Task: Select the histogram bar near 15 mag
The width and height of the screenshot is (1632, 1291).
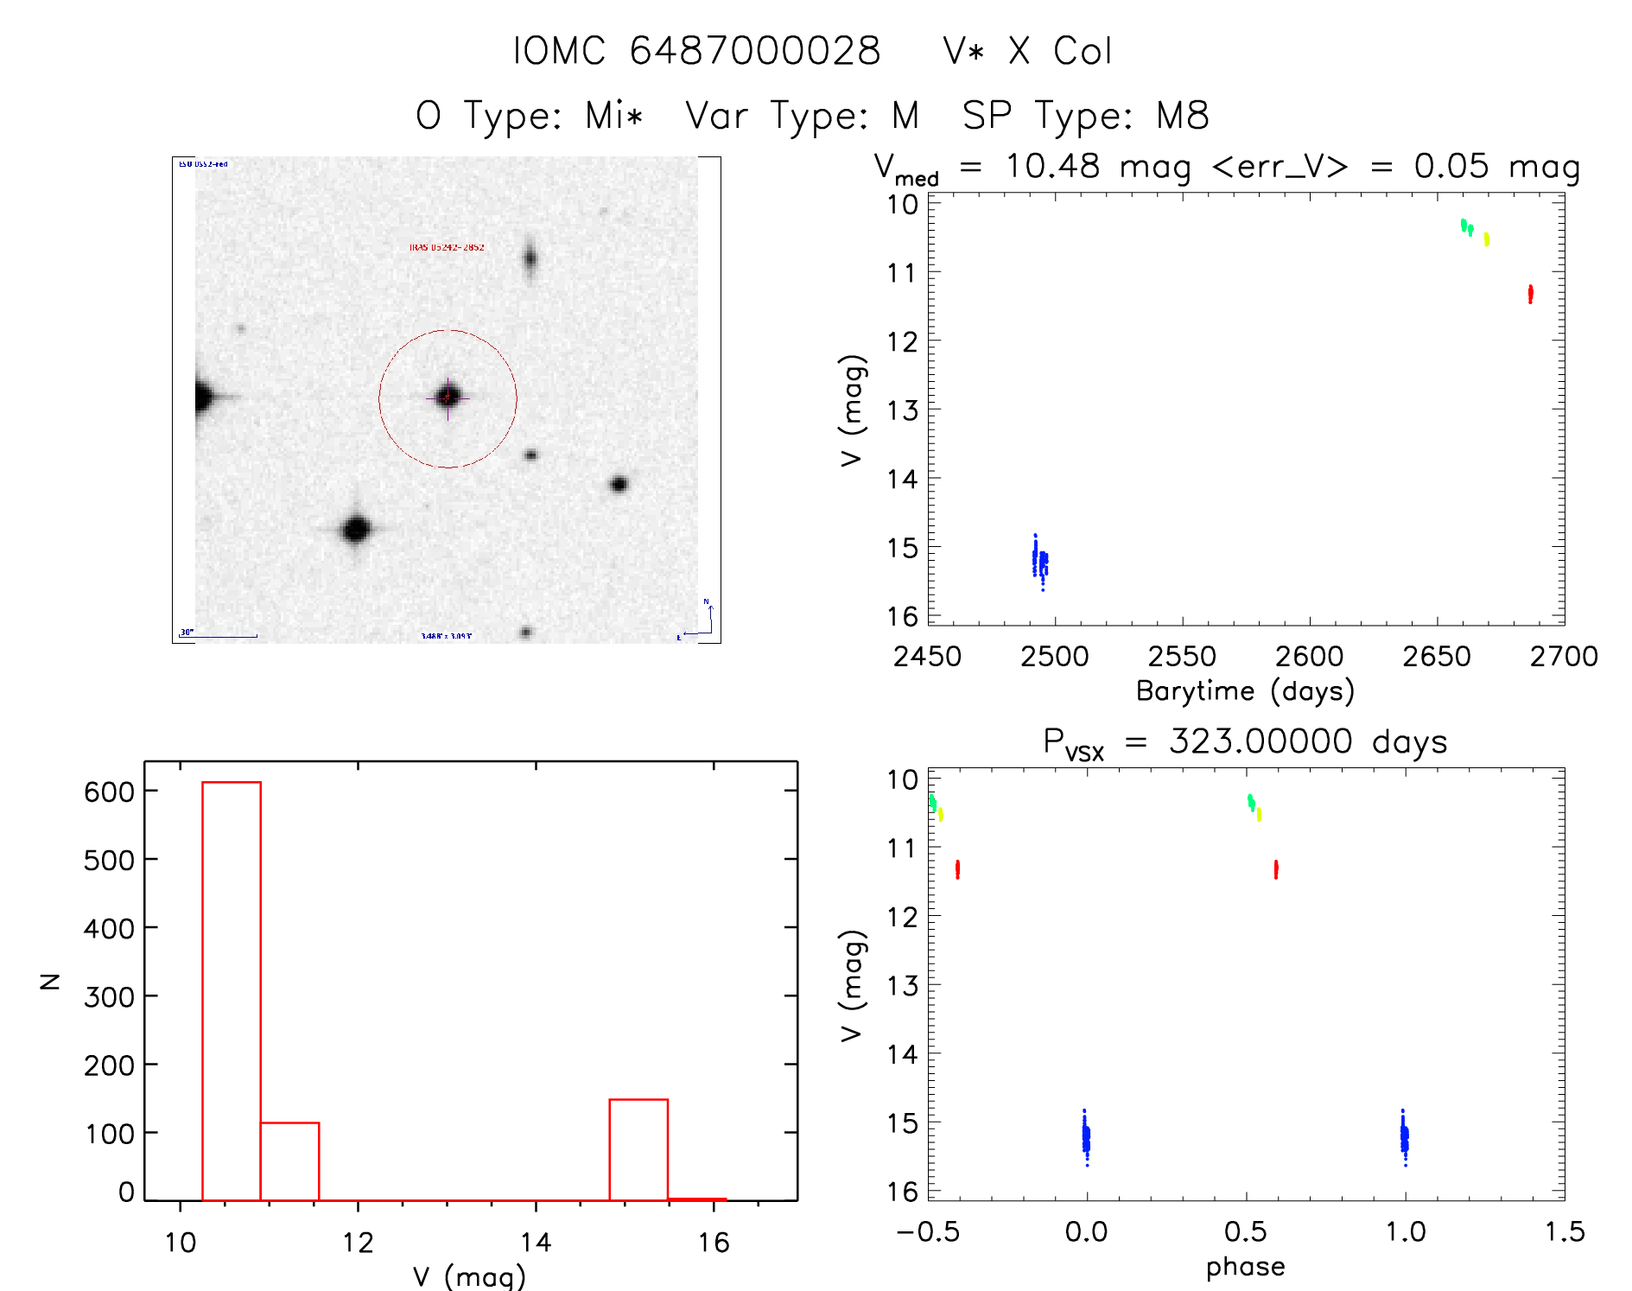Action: pos(638,1149)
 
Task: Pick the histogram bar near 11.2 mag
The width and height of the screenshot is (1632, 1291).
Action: pos(289,1161)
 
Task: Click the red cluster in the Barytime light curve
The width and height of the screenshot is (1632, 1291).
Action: pos(1530,294)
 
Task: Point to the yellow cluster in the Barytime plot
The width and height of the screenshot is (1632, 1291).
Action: pos(1486,239)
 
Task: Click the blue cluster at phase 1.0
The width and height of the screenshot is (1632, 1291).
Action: pos(1404,1138)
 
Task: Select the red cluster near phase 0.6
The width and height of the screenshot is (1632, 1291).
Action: pos(1275,868)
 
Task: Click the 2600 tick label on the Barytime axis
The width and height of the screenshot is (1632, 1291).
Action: pos(1309,657)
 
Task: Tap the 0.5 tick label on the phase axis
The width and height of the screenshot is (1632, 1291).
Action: pos(1245,1231)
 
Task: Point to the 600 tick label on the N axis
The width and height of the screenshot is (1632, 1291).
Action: pos(109,792)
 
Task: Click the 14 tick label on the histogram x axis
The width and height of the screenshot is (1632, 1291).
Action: pos(536,1243)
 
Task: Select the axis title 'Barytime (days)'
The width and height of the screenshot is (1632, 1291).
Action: pos(1245,691)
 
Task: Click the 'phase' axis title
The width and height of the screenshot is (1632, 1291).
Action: pos(1245,1267)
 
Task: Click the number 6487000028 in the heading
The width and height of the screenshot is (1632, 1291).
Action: pos(754,51)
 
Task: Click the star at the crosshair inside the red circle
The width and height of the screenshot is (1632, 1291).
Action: pos(448,397)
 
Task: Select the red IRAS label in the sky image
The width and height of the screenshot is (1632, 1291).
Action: pos(447,247)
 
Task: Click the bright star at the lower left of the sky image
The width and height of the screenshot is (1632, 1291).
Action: pos(356,529)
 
